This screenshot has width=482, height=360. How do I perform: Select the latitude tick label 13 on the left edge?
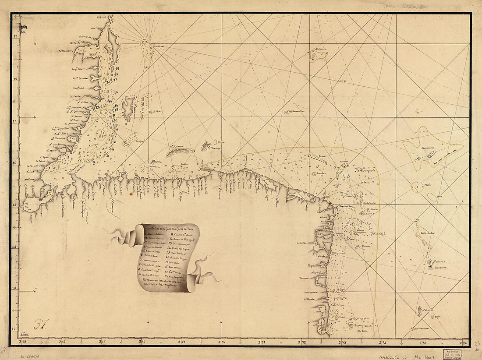pyautogui.click(x=14, y=288)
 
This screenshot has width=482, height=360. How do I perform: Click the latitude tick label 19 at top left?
pyautogui.click(x=15, y=37)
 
